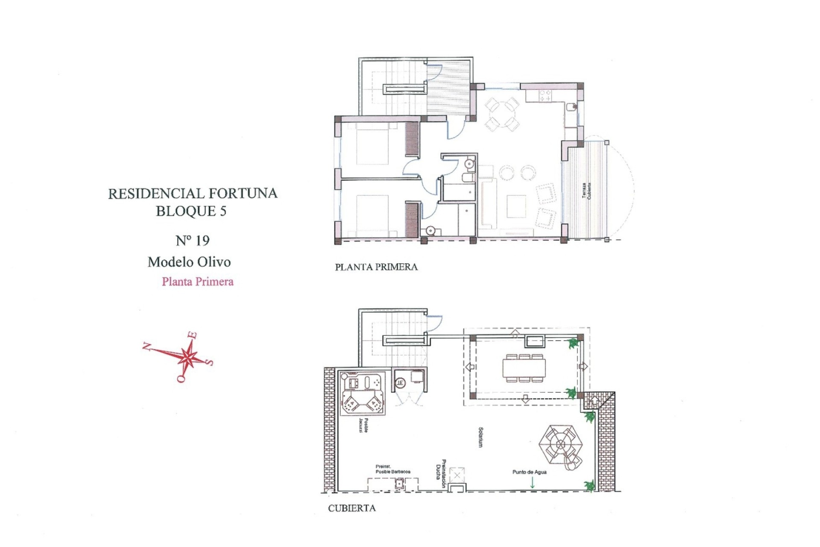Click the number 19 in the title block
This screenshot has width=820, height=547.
click(202, 241)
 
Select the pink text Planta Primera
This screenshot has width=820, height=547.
click(198, 282)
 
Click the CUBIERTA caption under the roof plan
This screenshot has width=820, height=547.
click(352, 508)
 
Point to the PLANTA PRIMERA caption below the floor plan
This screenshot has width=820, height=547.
click(376, 267)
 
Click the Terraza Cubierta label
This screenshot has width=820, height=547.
click(587, 191)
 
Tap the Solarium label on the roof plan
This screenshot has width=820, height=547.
click(481, 437)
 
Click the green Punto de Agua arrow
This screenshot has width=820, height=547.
click(532, 483)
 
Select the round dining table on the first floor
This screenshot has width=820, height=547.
click(502, 115)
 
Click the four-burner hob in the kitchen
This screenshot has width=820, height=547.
click(545, 95)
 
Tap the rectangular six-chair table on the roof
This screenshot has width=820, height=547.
click(524, 368)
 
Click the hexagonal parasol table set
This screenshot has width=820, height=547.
click(560, 444)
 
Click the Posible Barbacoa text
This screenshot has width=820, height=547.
click(393, 471)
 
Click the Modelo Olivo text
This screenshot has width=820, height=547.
click(189, 262)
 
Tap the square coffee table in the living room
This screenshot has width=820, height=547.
click(516, 206)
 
